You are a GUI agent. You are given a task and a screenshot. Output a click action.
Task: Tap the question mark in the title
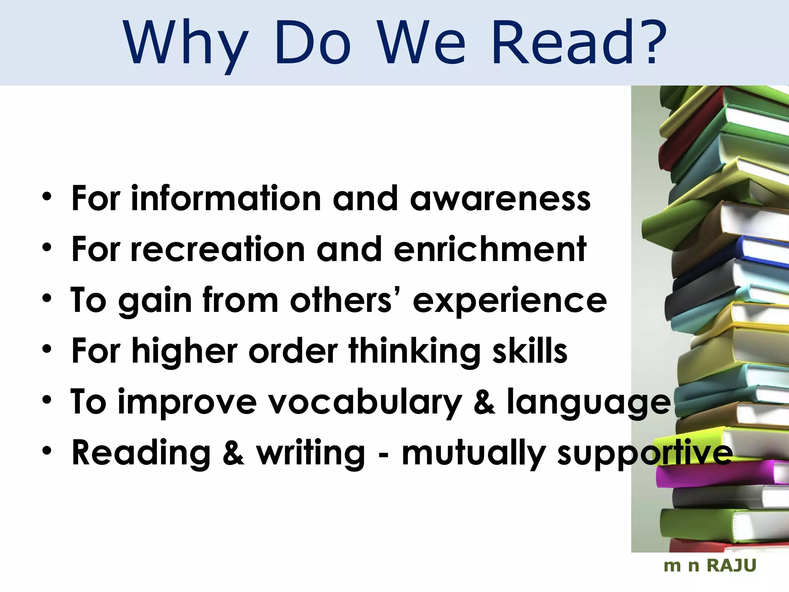(x=651, y=42)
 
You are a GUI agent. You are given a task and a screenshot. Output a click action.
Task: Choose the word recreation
(x=218, y=249)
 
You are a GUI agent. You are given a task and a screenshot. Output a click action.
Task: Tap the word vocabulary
(x=364, y=402)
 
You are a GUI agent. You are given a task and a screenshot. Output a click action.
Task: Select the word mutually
(x=474, y=454)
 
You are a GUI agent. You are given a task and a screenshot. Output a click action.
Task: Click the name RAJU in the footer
(x=732, y=566)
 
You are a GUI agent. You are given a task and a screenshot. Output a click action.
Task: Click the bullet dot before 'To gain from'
(x=47, y=299)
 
